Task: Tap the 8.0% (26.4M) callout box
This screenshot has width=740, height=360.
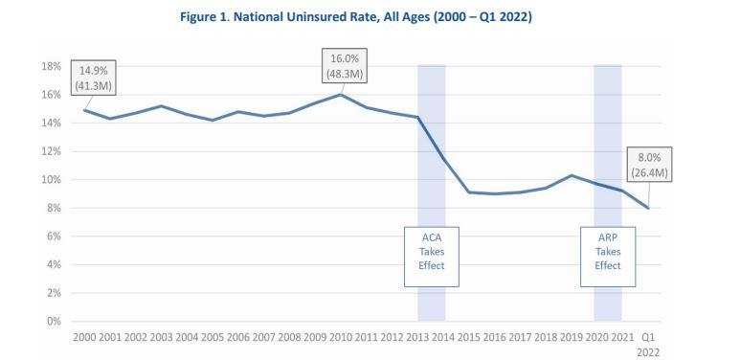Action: coord(649,164)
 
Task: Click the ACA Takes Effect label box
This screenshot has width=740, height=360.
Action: coord(431,251)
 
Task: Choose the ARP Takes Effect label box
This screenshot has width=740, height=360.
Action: coord(607,251)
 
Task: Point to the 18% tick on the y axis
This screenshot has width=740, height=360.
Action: coord(51,67)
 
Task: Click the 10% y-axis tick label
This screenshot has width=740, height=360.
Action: coord(51,180)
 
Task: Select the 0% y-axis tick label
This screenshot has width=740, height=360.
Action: coord(54,321)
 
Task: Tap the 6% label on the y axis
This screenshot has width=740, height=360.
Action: coord(54,236)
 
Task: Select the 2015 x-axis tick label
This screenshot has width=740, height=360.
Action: coord(469,338)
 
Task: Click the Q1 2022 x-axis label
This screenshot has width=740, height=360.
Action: coord(647,344)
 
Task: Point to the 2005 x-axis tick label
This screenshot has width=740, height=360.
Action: coord(213,338)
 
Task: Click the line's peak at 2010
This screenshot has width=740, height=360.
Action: coord(341,95)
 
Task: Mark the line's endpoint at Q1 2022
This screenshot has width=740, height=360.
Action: coord(647,208)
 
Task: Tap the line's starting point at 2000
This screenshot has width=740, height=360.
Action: coord(86,110)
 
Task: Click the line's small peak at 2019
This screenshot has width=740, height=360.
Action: coord(571,175)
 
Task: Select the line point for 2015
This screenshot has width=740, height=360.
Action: coord(469,192)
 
